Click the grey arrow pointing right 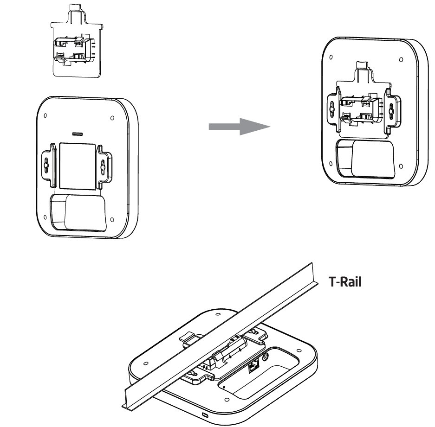(239, 126)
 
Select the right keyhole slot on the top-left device (103, 164)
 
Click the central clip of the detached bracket (74, 50)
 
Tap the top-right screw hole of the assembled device (400, 60)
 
